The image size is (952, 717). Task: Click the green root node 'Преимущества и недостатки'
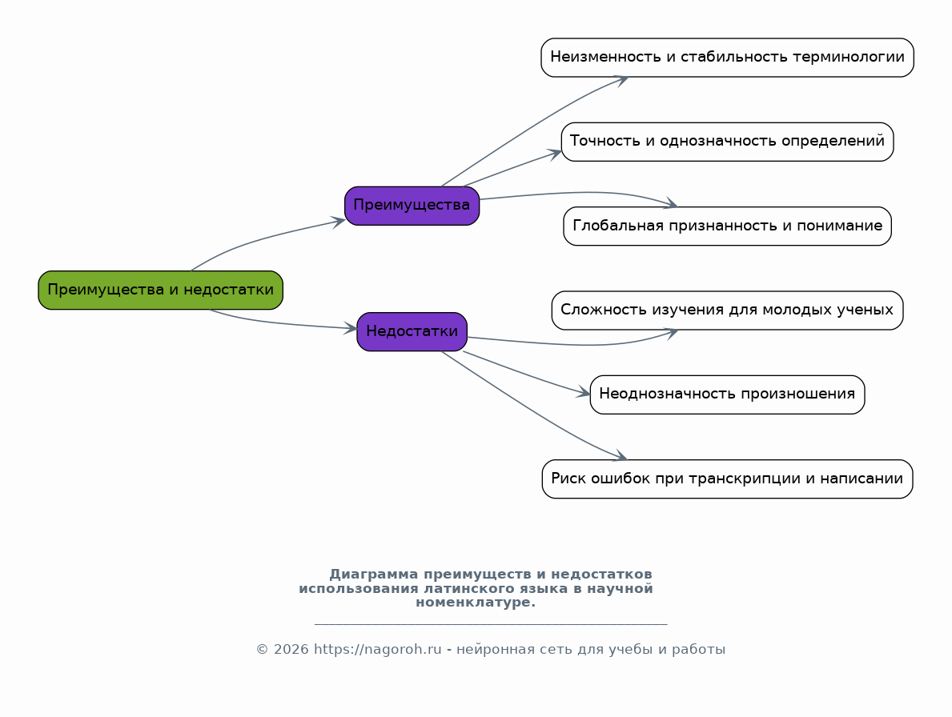click(x=160, y=290)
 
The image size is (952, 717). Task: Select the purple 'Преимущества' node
click(x=412, y=206)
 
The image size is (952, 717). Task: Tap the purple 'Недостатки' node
click(x=412, y=332)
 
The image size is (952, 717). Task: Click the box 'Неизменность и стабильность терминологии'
click(x=727, y=58)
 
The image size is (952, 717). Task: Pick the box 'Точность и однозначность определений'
click(x=727, y=142)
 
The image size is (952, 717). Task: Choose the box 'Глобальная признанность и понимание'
click(x=727, y=226)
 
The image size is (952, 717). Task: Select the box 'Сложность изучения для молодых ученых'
click(x=727, y=310)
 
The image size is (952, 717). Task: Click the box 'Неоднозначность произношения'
click(x=727, y=395)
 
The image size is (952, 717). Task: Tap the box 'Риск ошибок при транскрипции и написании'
click(x=727, y=479)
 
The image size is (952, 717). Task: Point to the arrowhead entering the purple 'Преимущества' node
click(x=339, y=222)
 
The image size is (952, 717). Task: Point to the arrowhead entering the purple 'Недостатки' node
click(x=351, y=328)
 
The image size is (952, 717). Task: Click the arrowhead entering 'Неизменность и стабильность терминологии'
click(x=621, y=80)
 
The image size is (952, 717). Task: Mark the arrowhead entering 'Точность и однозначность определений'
click(x=554, y=154)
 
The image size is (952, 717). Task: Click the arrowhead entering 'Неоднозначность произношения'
click(x=584, y=393)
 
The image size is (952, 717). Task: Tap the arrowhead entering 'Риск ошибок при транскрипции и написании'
click(x=621, y=456)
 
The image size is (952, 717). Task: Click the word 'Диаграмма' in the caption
click(x=373, y=575)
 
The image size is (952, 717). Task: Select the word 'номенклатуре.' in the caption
click(x=476, y=603)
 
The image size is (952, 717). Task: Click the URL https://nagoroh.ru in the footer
click(x=378, y=650)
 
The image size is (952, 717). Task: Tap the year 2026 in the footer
click(x=291, y=650)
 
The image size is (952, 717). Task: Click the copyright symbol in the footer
click(x=263, y=650)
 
